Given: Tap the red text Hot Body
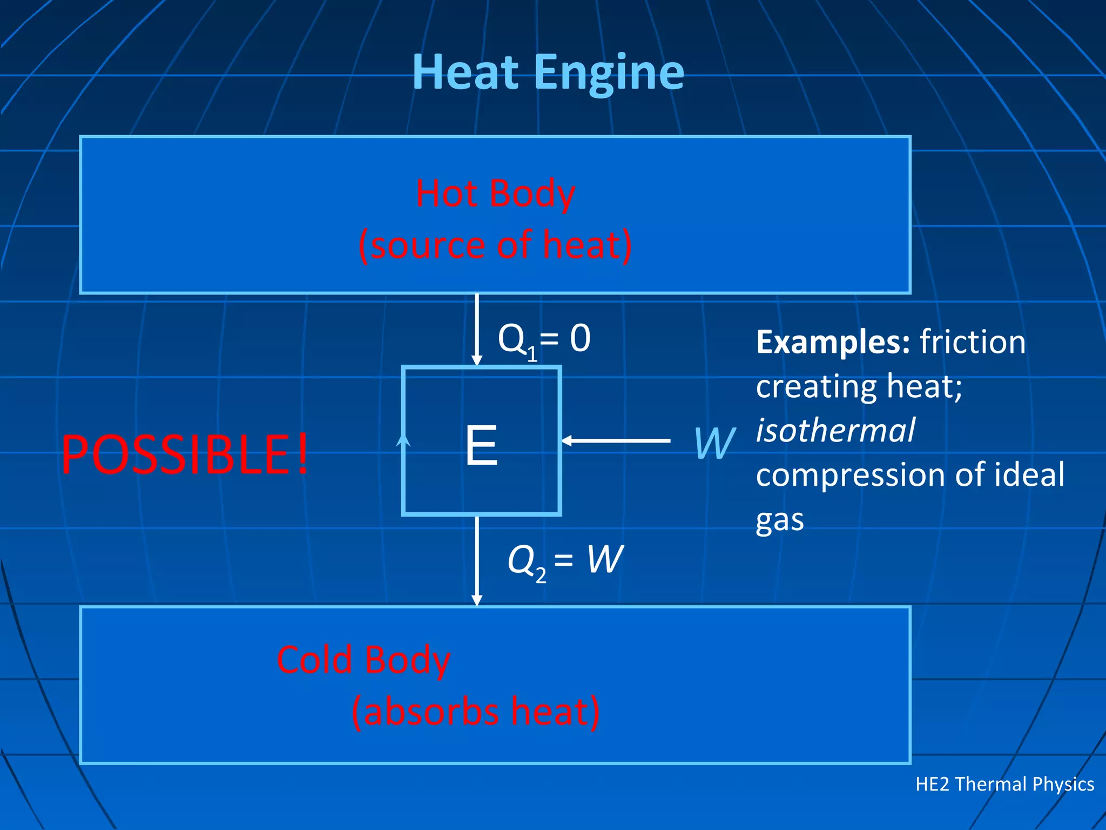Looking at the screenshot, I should point(495,193).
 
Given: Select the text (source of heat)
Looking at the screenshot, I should point(495,245).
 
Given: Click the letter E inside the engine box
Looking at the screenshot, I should point(481,445).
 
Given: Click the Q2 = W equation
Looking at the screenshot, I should point(565,560).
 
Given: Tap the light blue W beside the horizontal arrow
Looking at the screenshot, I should point(714,443).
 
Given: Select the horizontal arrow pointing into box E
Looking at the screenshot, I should point(616,441).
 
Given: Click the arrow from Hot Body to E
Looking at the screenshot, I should point(477,329).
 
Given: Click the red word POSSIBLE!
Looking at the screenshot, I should point(185,454).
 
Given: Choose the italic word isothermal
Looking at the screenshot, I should point(835,431).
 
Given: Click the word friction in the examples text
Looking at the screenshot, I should point(972,342).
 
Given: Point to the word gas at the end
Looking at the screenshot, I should point(780,520).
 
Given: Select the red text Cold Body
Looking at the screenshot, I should point(363,660).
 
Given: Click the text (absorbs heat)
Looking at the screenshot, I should point(475,712).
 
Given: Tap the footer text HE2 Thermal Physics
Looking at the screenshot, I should point(1004,784).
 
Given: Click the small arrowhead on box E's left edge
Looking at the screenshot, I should point(403,441).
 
